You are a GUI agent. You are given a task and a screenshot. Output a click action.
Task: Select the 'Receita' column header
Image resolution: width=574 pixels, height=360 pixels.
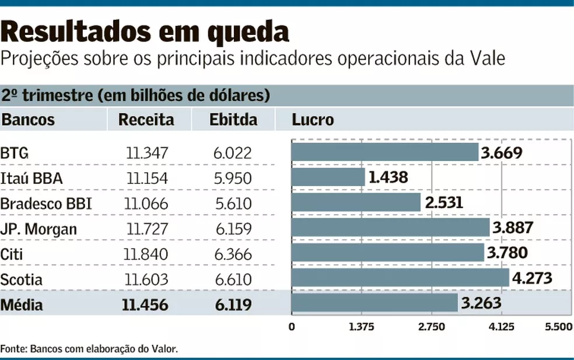point(146,120)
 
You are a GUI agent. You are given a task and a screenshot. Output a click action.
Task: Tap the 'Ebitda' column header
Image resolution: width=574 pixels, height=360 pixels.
point(233,120)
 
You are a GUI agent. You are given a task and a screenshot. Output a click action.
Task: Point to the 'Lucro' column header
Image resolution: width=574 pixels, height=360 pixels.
point(313,120)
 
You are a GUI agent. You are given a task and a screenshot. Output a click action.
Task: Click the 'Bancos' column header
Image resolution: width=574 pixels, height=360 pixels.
point(28,120)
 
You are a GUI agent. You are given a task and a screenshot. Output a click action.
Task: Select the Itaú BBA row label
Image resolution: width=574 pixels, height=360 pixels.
point(32,178)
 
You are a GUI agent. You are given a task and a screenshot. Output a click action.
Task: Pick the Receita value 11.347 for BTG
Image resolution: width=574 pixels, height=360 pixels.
point(147,153)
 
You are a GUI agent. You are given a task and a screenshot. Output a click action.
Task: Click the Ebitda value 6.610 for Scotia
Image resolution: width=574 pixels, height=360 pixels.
point(232,279)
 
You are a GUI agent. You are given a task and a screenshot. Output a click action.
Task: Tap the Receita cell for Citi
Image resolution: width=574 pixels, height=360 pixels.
point(146,254)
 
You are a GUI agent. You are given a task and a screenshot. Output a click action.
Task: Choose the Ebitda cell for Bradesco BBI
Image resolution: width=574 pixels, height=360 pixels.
point(232,204)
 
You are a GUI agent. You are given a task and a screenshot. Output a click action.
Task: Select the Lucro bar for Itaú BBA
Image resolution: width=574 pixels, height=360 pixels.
point(328,177)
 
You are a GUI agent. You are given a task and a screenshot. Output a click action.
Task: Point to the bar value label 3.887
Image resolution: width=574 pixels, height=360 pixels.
point(513,228)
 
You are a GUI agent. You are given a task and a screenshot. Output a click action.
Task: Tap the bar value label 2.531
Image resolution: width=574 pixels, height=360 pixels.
point(444,203)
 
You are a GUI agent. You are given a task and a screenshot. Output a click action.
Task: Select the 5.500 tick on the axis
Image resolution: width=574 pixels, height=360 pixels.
point(559,327)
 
